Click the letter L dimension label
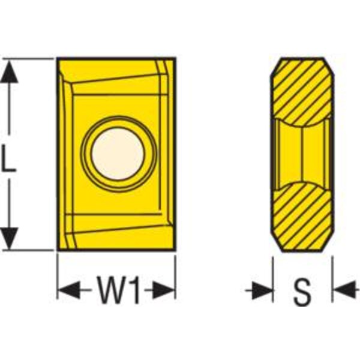pos(9,158)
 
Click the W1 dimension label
pos(118,290)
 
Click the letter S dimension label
pos(302,291)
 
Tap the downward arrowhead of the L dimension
pos(9,238)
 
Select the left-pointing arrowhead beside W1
pos(68,290)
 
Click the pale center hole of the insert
pos(118,154)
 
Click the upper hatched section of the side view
pos(302,92)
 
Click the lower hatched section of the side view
pos(302,217)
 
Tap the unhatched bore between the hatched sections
pos(302,154)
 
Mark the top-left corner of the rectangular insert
pos(58,58)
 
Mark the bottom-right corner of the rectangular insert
pos(175,250)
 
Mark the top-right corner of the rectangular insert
pos(175,58)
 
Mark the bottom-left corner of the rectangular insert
pos(58,250)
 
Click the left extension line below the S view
pos(273,280)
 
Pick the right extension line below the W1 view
pos(175,277)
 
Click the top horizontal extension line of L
pos(28,59)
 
